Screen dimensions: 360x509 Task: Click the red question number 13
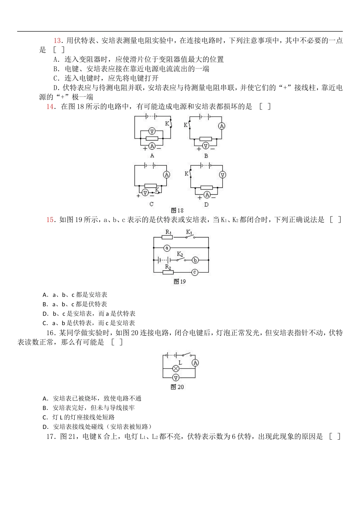(57, 41)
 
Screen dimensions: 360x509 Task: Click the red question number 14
(50, 106)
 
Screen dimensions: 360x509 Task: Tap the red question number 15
(50, 220)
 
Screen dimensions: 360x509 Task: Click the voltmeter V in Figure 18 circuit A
(152, 131)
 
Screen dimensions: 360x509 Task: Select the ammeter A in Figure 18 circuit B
(222, 126)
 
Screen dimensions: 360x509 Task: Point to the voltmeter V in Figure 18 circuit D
(222, 175)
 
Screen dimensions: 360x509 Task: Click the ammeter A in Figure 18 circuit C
(166, 175)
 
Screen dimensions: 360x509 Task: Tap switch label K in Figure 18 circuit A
(167, 123)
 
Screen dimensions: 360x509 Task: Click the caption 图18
(177, 211)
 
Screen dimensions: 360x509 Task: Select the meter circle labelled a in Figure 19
(167, 248)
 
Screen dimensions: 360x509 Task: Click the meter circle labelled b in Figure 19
(195, 260)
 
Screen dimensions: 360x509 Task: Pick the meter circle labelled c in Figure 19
(195, 272)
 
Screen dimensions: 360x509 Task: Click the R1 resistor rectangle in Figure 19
(167, 237)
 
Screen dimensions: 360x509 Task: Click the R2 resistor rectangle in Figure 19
(168, 272)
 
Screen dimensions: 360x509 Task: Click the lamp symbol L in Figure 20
(176, 368)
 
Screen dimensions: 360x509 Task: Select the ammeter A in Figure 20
(195, 363)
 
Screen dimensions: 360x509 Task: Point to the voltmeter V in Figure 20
(175, 377)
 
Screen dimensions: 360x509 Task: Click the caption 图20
(177, 387)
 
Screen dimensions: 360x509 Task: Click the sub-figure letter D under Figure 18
(206, 205)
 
